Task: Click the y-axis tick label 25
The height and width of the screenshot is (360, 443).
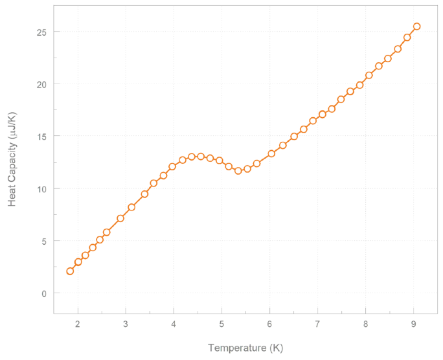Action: (40, 32)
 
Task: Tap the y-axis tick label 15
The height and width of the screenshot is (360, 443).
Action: (40, 137)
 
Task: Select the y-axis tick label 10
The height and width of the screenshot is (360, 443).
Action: (40, 188)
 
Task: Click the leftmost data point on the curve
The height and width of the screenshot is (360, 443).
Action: (70, 271)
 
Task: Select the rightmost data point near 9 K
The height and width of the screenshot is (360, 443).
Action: (416, 27)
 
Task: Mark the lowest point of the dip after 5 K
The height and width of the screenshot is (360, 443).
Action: (238, 171)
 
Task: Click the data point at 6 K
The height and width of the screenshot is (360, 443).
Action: (271, 153)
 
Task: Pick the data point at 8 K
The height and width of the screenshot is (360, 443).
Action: (369, 75)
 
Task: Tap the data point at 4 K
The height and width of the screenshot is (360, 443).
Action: (172, 166)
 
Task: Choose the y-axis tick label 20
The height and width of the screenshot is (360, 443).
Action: (40, 84)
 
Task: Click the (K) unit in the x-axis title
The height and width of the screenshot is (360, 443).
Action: (275, 348)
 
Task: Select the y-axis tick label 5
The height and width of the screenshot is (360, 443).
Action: (43, 241)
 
